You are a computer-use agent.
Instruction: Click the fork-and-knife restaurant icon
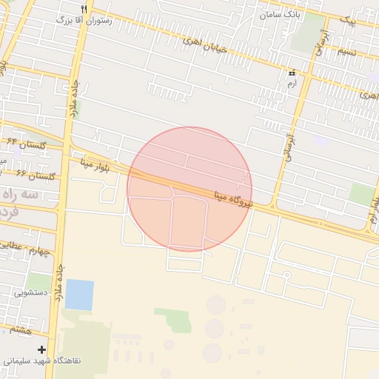click(x=84, y=9)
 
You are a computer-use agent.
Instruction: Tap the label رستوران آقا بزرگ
click(x=84, y=21)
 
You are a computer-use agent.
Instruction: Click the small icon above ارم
click(x=291, y=73)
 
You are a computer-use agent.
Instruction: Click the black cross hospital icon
click(x=41, y=349)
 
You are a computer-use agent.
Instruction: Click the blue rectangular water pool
click(x=79, y=295)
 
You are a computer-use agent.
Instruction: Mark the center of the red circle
click(x=189, y=189)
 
